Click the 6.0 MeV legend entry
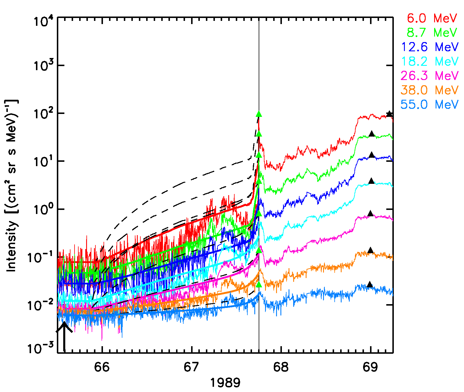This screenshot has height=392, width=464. coord(432,18)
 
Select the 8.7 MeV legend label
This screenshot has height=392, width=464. coord(432,32)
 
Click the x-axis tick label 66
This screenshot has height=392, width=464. coord(102,367)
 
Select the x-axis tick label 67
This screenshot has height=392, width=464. coord(191,367)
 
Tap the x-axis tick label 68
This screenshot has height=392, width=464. coord(281,367)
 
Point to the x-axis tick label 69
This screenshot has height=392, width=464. coord(370,367)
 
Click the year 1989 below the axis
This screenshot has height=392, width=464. coord(225,383)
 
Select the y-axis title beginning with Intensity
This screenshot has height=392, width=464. coord(12,186)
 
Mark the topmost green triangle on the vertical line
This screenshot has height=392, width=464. coord(259,114)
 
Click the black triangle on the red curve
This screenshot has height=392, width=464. coord(389,114)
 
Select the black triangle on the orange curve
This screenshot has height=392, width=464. coord(370,250)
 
